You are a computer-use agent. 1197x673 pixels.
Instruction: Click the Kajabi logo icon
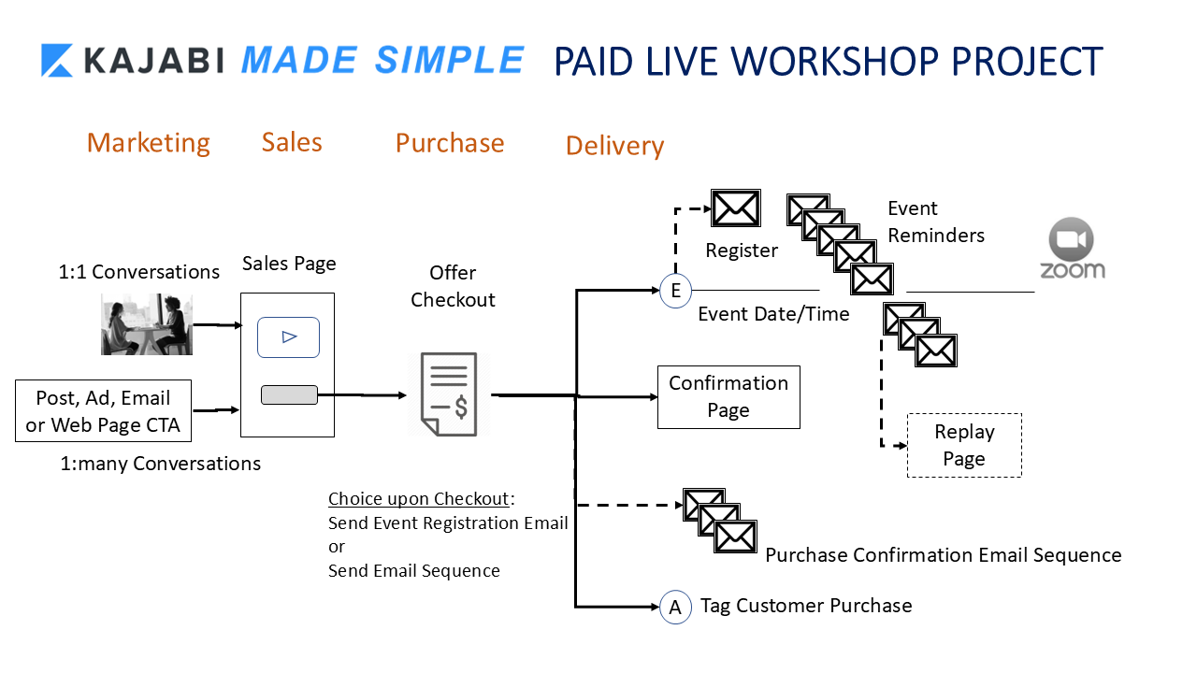57,60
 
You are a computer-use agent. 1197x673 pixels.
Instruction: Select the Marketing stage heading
148,142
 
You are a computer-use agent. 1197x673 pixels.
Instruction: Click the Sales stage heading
292,142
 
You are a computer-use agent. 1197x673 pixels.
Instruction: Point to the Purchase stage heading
449,142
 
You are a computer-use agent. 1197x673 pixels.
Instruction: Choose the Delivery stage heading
614,146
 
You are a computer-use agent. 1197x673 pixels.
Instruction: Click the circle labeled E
675,291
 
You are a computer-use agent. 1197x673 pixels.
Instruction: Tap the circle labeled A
675,608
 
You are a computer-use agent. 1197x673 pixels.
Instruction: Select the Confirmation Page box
728,397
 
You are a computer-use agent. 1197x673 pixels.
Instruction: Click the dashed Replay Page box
964,446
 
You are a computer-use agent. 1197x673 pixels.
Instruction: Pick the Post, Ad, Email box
103,411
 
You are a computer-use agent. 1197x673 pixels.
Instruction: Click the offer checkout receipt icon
449,394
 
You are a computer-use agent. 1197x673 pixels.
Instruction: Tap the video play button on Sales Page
289,337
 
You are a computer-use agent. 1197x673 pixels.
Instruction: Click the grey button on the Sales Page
289,395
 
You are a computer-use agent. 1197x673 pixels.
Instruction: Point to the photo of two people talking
147,324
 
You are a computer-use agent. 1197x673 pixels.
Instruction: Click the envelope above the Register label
735,208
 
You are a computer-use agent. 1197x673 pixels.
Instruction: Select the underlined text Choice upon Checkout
418,498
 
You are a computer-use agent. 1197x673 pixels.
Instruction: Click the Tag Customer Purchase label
806,606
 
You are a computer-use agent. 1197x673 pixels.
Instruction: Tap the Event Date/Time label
773,314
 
